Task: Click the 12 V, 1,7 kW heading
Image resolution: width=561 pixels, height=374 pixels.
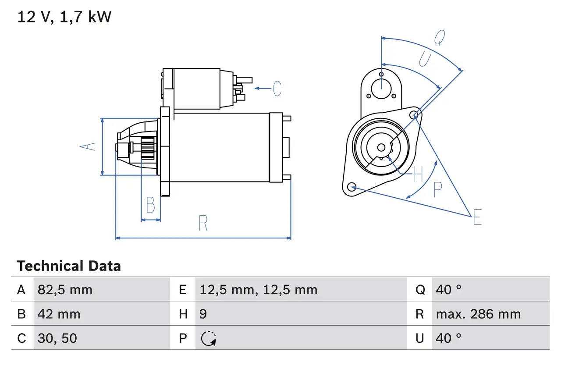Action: tap(64, 17)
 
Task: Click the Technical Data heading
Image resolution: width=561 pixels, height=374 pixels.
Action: tap(69, 266)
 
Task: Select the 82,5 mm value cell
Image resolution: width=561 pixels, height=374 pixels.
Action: tap(65, 289)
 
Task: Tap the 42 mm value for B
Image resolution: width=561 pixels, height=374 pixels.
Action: tap(59, 314)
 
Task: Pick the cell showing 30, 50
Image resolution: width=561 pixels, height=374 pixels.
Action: tap(57, 338)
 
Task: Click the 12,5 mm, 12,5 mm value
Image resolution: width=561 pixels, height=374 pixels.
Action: tap(258, 289)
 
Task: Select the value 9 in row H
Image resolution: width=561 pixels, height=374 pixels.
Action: tap(203, 314)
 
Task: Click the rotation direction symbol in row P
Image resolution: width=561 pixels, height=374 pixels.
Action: tap(208, 338)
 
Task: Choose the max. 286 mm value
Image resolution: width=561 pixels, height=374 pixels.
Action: tap(478, 314)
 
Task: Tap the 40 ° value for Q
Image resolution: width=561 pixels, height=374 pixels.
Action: tap(448, 289)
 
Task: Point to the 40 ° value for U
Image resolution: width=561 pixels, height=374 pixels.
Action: tap(448, 338)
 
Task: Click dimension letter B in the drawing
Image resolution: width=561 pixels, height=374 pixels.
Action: tap(150, 205)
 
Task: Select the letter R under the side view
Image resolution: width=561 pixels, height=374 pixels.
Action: tap(203, 223)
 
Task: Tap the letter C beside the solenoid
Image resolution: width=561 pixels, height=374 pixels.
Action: tap(277, 89)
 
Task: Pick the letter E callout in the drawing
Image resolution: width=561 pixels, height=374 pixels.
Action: tap(477, 217)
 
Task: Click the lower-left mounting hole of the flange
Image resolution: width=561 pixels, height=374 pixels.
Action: tap(351, 187)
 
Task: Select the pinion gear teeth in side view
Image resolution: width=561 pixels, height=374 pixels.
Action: tap(148, 148)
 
